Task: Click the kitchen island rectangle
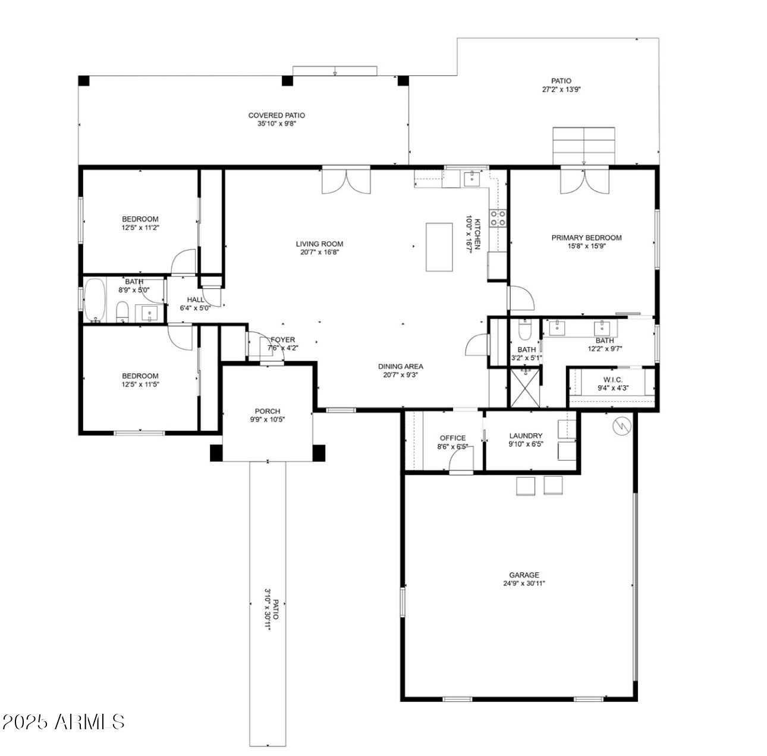click(x=439, y=247)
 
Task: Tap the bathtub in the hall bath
click(x=94, y=300)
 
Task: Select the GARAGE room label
click(x=524, y=575)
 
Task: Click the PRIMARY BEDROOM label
click(x=586, y=238)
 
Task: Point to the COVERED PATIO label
click(x=276, y=115)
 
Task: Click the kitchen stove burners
click(x=498, y=218)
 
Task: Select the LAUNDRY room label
click(x=526, y=436)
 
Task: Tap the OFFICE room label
click(x=452, y=438)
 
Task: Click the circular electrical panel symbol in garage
click(x=621, y=426)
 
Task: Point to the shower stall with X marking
click(x=526, y=388)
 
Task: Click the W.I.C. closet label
click(x=613, y=380)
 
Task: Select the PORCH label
click(x=267, y=411)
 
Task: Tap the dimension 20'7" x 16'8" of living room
click(x=320, y=252)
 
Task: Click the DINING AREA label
click(x=401, y=367)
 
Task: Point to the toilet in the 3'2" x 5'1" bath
click(x=524, y=329)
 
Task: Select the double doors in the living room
click(x=346, y=182)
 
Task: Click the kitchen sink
click(x=473, y=177)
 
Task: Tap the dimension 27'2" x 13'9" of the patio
click(x=561, y=90)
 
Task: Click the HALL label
click(x=195, y=300)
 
